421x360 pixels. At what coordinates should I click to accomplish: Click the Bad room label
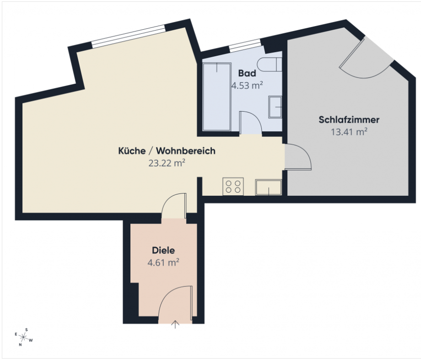247,73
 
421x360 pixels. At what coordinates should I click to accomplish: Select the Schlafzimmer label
349,120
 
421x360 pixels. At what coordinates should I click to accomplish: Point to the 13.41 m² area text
349,132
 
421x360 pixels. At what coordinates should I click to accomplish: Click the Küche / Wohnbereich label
167,151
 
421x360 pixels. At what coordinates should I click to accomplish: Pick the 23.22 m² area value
167,163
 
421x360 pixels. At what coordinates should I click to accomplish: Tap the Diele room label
163,250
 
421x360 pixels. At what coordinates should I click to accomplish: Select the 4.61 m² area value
163,263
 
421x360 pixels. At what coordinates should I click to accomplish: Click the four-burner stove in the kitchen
233,187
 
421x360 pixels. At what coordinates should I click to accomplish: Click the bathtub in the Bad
217,97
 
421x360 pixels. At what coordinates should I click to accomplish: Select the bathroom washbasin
275,107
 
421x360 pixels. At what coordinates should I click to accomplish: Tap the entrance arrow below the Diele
175,325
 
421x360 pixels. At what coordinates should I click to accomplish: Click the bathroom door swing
250,123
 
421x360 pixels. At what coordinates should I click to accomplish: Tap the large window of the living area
128,37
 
